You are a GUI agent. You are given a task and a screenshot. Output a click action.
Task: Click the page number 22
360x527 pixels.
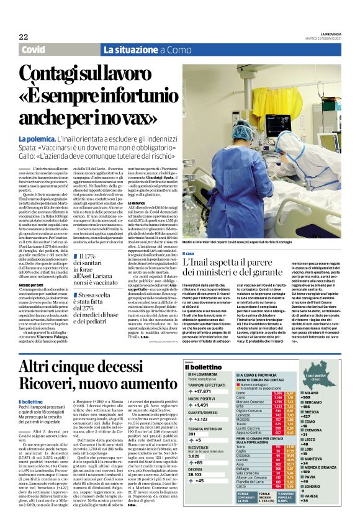pos(23,37)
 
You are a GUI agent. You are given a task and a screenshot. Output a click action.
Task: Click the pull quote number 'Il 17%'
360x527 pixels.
pos(91,256)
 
